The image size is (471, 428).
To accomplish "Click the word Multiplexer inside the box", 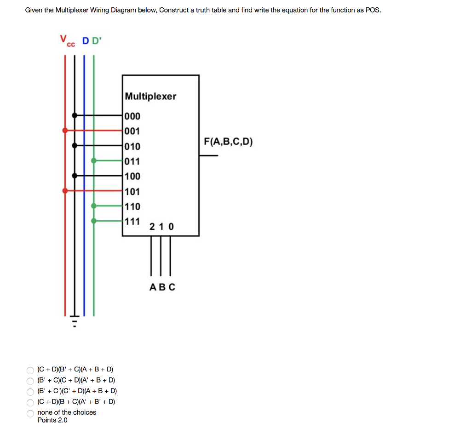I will pyautogui.click(x=150, y=96).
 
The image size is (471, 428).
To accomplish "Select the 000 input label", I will pyautogui.click(x=132, y=116).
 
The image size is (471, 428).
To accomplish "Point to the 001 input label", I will pyautogui.click(x=132, y=131).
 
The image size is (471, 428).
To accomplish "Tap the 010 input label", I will pyautogui.click(x=132, y=146).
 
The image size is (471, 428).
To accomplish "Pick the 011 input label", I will pyautogui.click(x=132, y=161).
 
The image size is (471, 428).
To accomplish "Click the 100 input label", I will pyautogui.click(x=132, y=176).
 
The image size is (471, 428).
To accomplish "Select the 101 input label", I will pyautogui.click(x=132, y=191).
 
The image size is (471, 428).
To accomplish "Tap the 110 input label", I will pyautogui.click(x=132, y=206).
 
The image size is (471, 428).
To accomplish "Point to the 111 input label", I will pyautogui.click(x=132, y=221).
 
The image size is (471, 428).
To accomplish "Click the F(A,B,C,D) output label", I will pyautogui.click(x=229, y=142).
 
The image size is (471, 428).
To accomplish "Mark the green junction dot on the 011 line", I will pyautogui.click(x=94, y=160).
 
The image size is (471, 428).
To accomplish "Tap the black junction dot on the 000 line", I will pyautogui.click(x=75, y=115).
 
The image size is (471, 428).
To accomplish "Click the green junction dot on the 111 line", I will pyautogui.click(x=94, y=221).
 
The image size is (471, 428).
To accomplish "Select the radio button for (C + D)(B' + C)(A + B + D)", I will pyautogui.click(x=30, y=370).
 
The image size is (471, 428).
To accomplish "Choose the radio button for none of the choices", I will pyautogui.click(x=30, y=413).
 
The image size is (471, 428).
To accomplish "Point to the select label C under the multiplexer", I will pyautogui.click(x=172, y=287).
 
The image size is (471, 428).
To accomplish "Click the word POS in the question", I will pyautogui.click(x=373, y=10).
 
